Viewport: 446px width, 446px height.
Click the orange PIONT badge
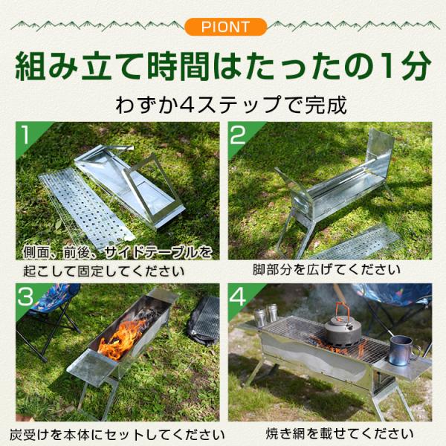tap(225, 27)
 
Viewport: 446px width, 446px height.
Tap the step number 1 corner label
tap(26, 135)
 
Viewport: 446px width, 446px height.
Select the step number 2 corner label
tap(238, 135)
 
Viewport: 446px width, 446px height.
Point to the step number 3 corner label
tap(25, 297)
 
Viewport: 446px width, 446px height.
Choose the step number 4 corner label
tap(238, 297)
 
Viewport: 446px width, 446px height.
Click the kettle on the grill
tap(343, 326)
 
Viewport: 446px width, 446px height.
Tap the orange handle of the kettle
tap(342, 309)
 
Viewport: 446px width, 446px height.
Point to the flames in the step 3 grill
tap(123, 340)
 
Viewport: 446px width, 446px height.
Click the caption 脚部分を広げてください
tap(326, 269)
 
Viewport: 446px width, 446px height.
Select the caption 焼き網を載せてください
tap(340, 434)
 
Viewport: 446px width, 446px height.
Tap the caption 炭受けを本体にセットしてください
tap(117, 435)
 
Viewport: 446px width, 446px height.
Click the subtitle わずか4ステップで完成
tap(231, 105)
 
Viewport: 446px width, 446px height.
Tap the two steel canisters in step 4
tap(266, 315)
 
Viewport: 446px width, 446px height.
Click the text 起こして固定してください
tap(103, 271)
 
